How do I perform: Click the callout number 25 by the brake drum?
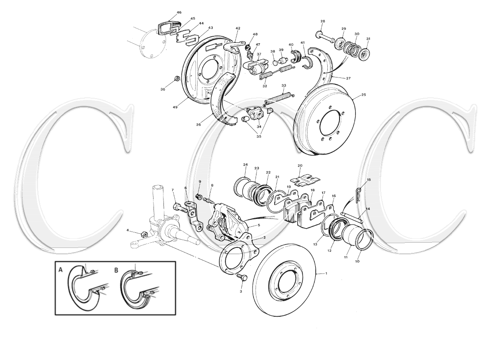[x=363, y=95]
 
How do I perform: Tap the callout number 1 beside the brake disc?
[x=326, y=273]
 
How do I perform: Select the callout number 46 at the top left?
[x=179, y=13]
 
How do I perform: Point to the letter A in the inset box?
[x=61, y=270]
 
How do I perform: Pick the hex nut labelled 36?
[x=177, y=78]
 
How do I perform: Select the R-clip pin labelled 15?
[x=360, y=194]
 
